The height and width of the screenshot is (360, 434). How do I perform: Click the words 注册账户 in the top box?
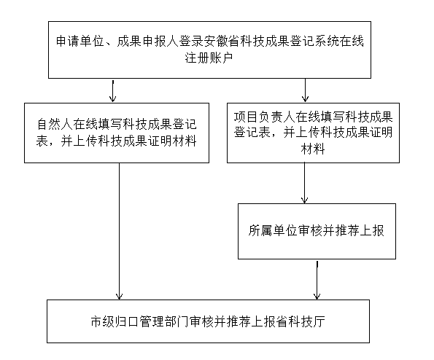[x=209, y=58]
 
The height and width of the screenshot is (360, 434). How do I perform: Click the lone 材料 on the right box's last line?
[x=313, y=149]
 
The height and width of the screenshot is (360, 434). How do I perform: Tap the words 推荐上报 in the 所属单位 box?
[x=360, y=230]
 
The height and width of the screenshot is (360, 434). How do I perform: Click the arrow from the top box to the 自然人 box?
[x=112, y=90]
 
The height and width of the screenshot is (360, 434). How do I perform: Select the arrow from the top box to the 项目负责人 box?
[x=305, y=90]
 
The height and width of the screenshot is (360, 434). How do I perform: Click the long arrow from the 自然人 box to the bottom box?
[x=120, y=231]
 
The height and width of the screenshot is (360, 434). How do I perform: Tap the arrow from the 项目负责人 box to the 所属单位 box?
[x=304, y=183]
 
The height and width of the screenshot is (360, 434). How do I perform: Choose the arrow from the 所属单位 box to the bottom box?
[x=317, y=280]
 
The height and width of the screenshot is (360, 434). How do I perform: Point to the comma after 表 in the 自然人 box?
[x=52, y=144]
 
